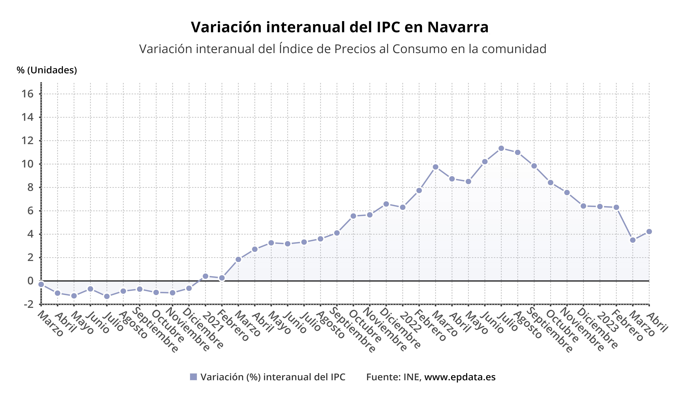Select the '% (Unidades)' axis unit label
pos(47,70)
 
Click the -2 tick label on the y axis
pos(29,304)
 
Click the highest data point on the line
pos(501,148)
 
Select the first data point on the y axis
pos(41,284)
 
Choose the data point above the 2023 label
pos(600,207)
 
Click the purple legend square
pos(193,377)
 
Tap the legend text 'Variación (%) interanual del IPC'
pos(273,377)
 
